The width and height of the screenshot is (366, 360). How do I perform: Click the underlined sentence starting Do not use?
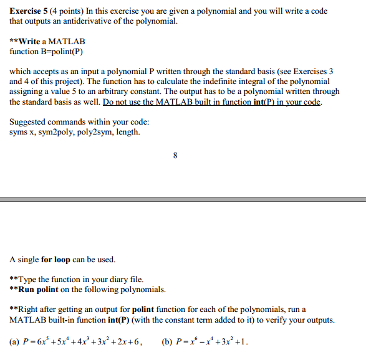tap(212, 102)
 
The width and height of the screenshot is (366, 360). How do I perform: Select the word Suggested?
tap(29, 122)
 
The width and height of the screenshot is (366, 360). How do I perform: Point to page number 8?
tap(176, 156)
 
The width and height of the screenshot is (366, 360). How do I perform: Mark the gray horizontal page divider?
tap(183, 200)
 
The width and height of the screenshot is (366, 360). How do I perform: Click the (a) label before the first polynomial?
tap(15, 341)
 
